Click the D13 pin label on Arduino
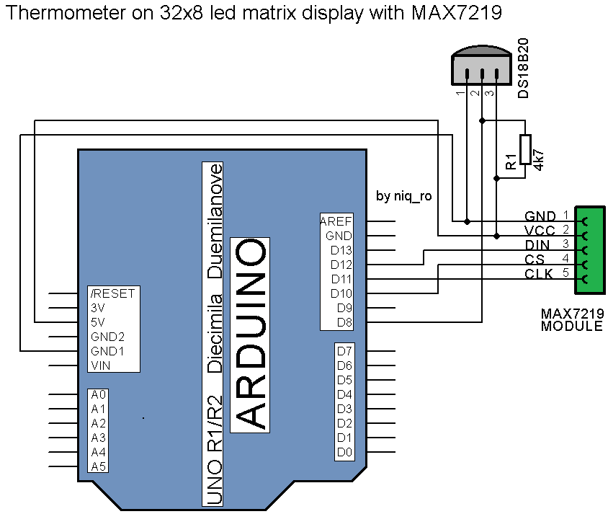click(341, 250)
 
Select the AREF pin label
click(336, 221)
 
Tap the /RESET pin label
click(112, 293)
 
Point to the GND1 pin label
click(107, 351)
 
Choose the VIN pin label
click(101, 365)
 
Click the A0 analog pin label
click(99, 394)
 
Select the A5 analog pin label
click(99, 466)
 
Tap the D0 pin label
click(344, 452)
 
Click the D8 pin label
click(344, 322)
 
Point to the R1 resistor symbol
click(525, 152)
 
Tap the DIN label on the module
click(537, 245)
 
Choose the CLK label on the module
click(538, 274)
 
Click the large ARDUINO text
click(250, 334)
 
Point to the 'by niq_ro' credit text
click(404, 196)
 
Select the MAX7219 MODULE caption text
click(572, 320)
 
